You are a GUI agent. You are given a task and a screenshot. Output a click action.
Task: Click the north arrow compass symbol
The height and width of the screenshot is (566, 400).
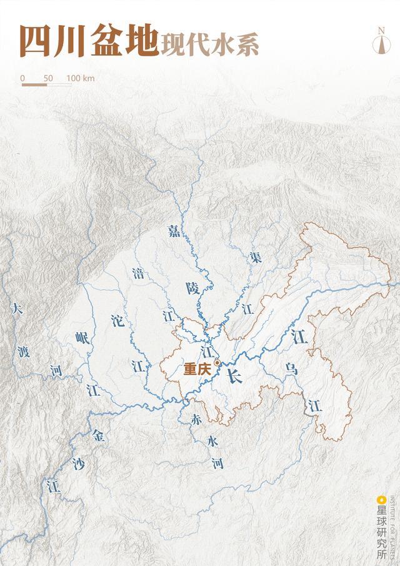[x=381, y=42]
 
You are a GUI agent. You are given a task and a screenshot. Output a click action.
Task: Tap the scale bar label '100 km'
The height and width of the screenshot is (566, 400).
[x=80, y=78]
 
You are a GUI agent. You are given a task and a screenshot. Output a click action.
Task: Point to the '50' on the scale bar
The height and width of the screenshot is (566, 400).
[x=48, y=78]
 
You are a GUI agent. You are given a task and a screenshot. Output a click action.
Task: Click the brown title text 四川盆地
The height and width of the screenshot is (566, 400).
[x=87, y=41]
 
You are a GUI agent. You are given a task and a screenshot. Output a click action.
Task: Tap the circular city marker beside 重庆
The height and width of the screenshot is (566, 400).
[x=217, y=363]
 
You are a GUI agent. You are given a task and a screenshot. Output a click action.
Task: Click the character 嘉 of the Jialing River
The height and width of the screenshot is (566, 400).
[x=174, y=230]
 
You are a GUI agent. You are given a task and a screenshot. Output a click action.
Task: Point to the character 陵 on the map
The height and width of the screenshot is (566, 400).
[x=192, y=288]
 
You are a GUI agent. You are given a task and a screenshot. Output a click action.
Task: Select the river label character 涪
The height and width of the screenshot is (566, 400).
[x=138, y=273]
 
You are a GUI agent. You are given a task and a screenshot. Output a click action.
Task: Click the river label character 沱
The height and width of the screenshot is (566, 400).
[x=117, y=321]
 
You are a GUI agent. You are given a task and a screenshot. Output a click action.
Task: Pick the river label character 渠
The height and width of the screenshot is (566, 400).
[x=254, y=256]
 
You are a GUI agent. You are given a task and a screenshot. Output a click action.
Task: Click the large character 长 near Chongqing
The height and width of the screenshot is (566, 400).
[x=234, y=376]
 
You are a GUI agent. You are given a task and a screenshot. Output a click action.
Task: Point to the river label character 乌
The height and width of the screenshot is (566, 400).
[x=291, y=368]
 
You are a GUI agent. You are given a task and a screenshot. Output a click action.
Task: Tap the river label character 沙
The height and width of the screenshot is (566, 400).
[x=78, y=463]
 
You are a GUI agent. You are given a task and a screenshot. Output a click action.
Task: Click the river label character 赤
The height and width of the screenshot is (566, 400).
[x=196, y=420]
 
